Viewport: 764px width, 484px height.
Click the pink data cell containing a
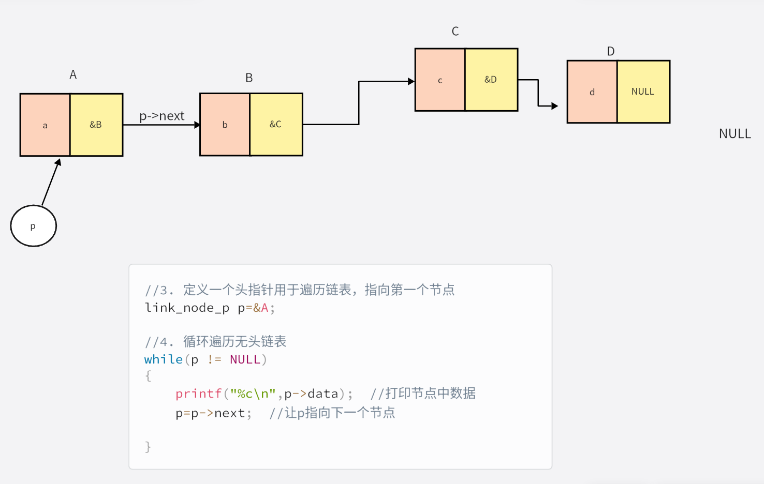point(45,125)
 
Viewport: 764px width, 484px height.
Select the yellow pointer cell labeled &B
point(96,125)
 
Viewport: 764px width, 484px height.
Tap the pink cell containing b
point(225,125)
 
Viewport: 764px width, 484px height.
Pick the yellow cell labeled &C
point(276,125)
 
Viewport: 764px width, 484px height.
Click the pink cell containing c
point(440,80)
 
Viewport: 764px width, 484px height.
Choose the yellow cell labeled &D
point(491,80)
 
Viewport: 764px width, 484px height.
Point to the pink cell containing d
point(592,92)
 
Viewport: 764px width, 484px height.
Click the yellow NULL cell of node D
point(643,92)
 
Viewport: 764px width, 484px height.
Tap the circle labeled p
point(33,226)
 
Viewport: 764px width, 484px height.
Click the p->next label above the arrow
point(161,116)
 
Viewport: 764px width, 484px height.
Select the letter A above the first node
point(73,75)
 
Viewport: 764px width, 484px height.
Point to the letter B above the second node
point(249,78)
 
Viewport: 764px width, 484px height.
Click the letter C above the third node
point(455,32)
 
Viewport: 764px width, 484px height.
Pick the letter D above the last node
point(611,51)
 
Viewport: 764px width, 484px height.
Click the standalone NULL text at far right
point(734,134)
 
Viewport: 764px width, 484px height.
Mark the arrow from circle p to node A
point(51,183)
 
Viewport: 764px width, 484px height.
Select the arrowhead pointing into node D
point(554,106)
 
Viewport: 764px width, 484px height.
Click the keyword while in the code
point(163,359)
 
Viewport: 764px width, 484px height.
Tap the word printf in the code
point(198,394)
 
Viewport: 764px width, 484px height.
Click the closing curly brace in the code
point(148,446)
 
